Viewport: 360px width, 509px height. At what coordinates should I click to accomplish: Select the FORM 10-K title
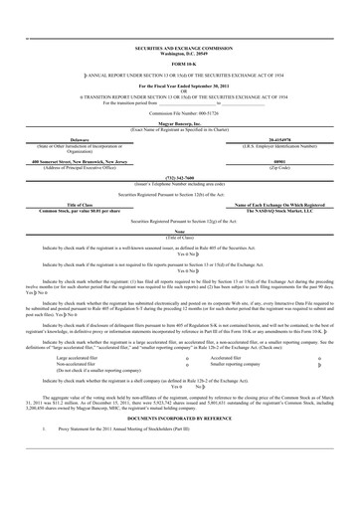point(179,64)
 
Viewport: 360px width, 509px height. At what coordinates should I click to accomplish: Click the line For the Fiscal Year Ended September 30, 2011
point(179,86)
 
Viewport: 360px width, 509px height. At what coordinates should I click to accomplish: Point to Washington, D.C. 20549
point(179,52)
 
